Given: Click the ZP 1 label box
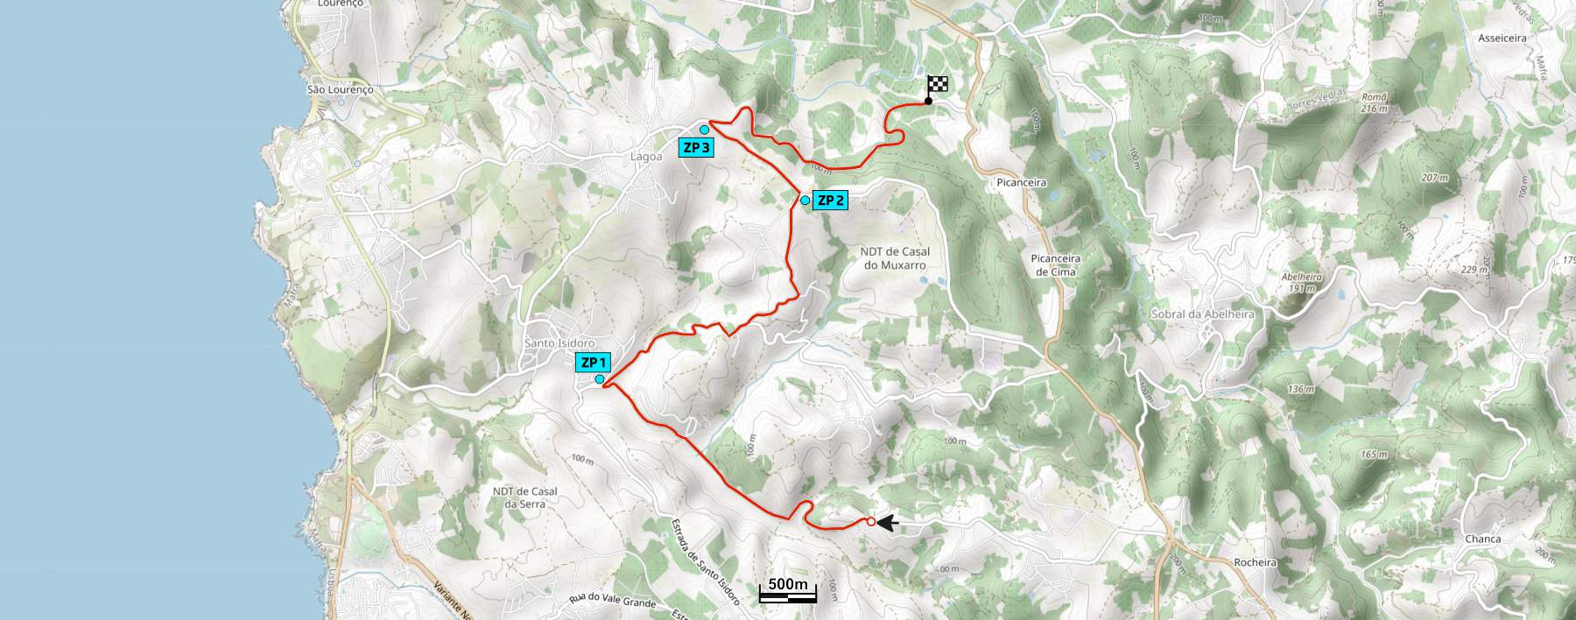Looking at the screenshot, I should pyautogui.click(x=593, y=363).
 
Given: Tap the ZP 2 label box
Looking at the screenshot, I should pyautogui.click(x=830, y=200).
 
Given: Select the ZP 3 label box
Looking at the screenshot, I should pyautogui.click(x=696, y=147).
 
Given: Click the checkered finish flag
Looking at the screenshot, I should pyautogui.click(x=938, y=86).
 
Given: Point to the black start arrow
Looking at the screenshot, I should pyautogui.click(x=888, y=523).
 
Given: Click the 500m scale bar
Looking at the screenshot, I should pyautogui.click(x=788, y=592).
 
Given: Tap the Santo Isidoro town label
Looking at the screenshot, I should pyautogui.click(x=559, y=343).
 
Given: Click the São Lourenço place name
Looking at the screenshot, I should pyautogui.click(x=341, y=89).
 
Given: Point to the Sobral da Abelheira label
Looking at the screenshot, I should pyautogui.click(x=1202, y=314).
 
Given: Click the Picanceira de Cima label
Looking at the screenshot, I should pyautogui.click(x=1055, y=265).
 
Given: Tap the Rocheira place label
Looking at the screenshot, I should pyautogui.click(x=1255, y=562).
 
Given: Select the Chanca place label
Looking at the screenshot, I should pyautogui.click(x=1483, y=539).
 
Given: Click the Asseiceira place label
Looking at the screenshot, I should pyautogui.click(x=1502, y=39).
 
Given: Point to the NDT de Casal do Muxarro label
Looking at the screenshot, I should pyautogui.click(x=895, y=258).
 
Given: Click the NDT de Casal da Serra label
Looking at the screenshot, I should pyautogui.click(x=525, y=497).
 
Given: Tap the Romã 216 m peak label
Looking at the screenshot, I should pyautogui.click(x=1375, y=103).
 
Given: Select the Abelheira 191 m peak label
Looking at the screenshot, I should pyautogui.click(x=1302, y=282).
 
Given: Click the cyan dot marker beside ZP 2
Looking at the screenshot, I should pyautogui.click(x=805, y=201).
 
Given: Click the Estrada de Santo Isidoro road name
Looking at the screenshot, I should pyautogui.click(x=706, y=561).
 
